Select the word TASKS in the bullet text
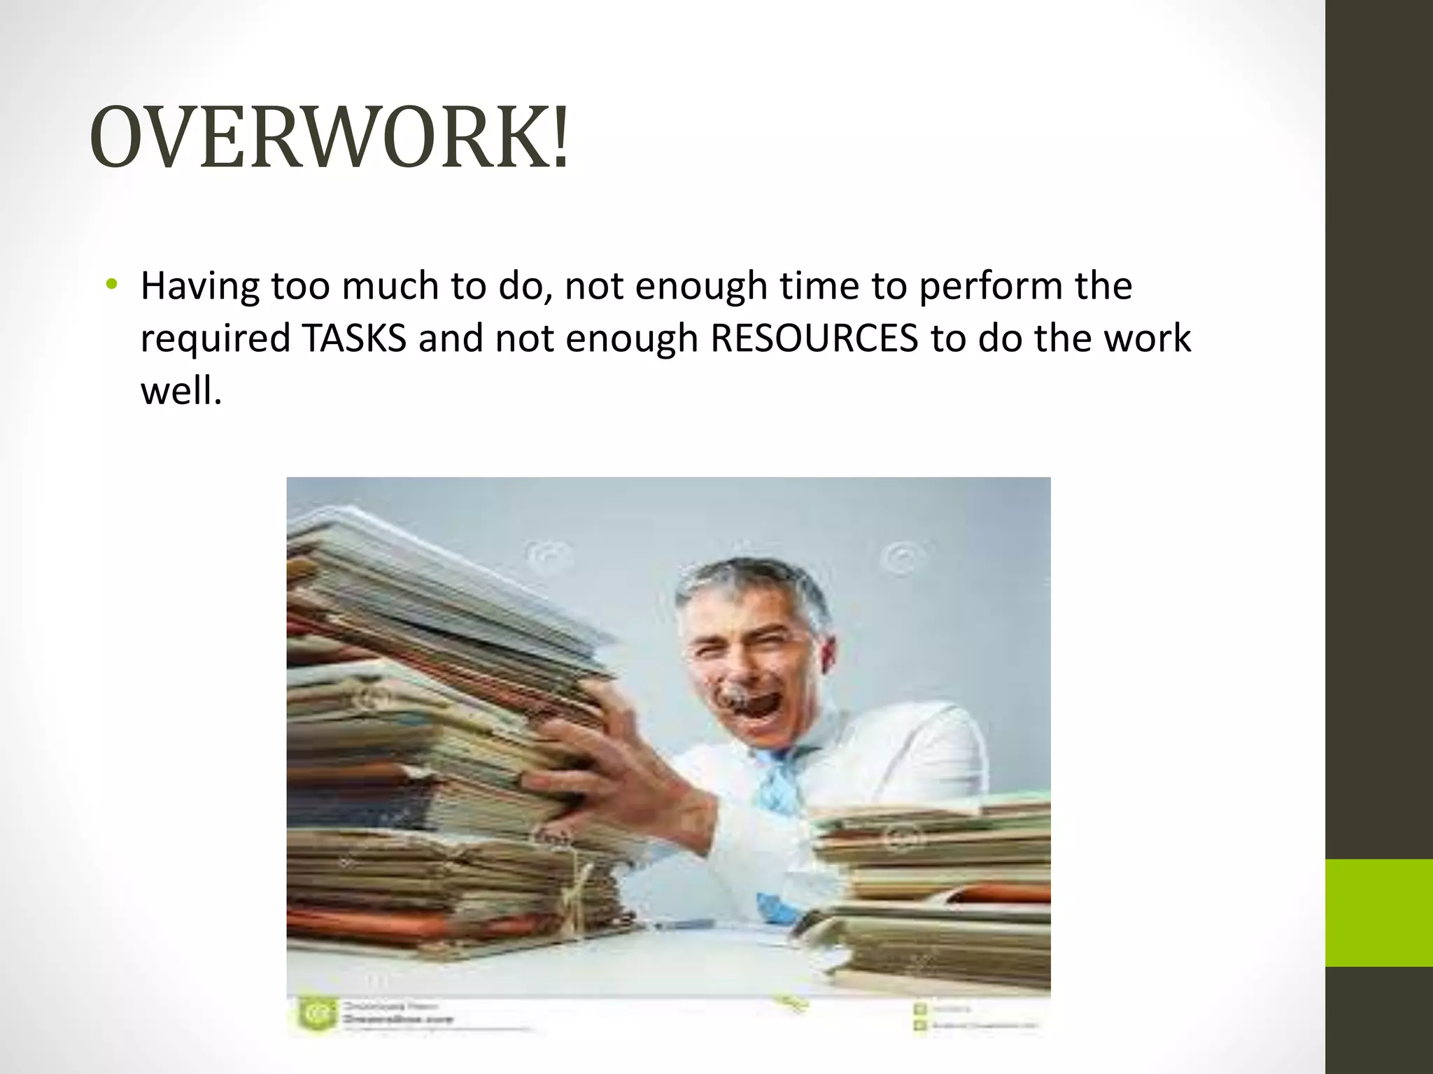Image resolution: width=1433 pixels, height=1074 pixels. pos(355,338)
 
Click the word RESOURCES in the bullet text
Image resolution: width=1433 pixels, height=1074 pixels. pos(814,338)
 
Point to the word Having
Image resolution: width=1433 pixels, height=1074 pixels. pos(199,287)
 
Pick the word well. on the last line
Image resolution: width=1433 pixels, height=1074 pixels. pos(181,392)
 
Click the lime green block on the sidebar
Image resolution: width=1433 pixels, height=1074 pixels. pos(1379,912)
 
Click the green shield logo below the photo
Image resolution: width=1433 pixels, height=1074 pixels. pos(311,1013)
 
